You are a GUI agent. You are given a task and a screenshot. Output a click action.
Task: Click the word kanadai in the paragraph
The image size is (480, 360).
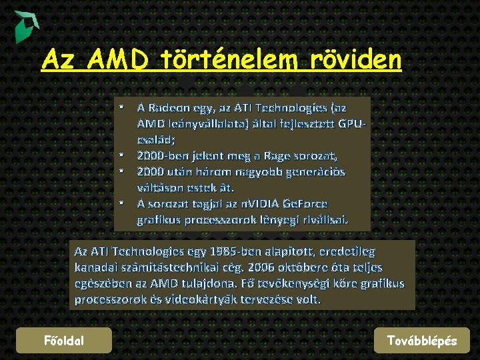coord(97,268)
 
